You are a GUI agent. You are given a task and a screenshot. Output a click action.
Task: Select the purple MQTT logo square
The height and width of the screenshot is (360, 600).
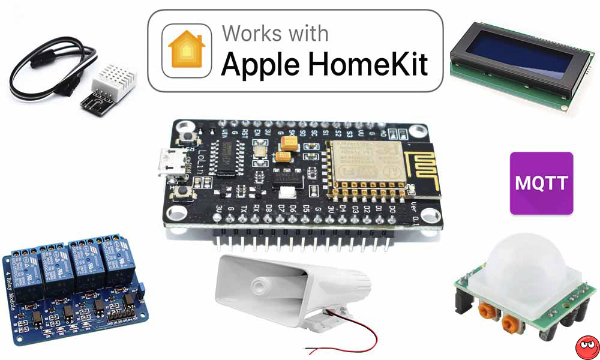coord(541,183)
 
